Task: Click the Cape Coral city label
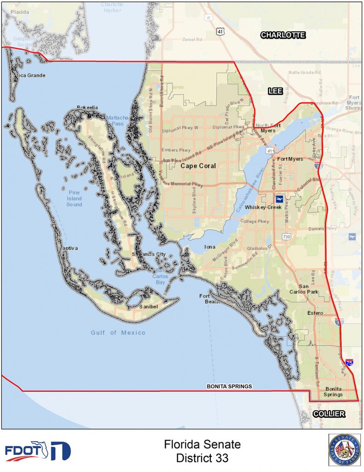[198, 166]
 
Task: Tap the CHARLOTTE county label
[283, 35]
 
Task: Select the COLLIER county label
[329, 414]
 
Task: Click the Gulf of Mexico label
[118, 333]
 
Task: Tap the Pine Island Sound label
[74, 198]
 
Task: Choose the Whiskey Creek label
[263, 208]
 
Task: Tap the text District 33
[202, 459]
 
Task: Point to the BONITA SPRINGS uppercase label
[229, 386]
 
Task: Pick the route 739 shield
[287, 237]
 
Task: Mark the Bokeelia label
[87, 108]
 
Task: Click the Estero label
[315, 313]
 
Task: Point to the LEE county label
[275, 92]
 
